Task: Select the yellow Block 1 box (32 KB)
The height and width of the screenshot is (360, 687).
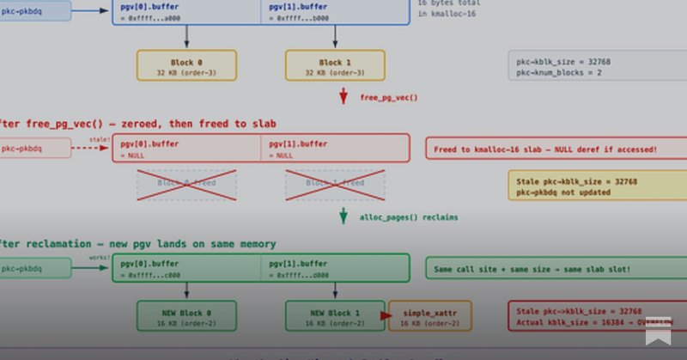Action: pos(334,66)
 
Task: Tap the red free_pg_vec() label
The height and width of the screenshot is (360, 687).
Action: pos(388,98)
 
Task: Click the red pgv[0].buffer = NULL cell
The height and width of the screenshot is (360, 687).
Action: pos(186,149)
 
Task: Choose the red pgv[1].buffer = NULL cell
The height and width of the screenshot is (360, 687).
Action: pos(335,149)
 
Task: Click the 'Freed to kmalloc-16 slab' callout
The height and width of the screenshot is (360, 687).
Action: pos(545,149)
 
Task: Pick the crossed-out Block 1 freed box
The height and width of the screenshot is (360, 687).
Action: pos(335,184)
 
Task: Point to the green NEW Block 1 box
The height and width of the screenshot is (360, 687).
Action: pos(335,317)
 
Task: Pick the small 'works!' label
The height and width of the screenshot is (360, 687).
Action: pos(99,256)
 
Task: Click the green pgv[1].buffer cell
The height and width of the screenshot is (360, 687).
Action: pos(335,268)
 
